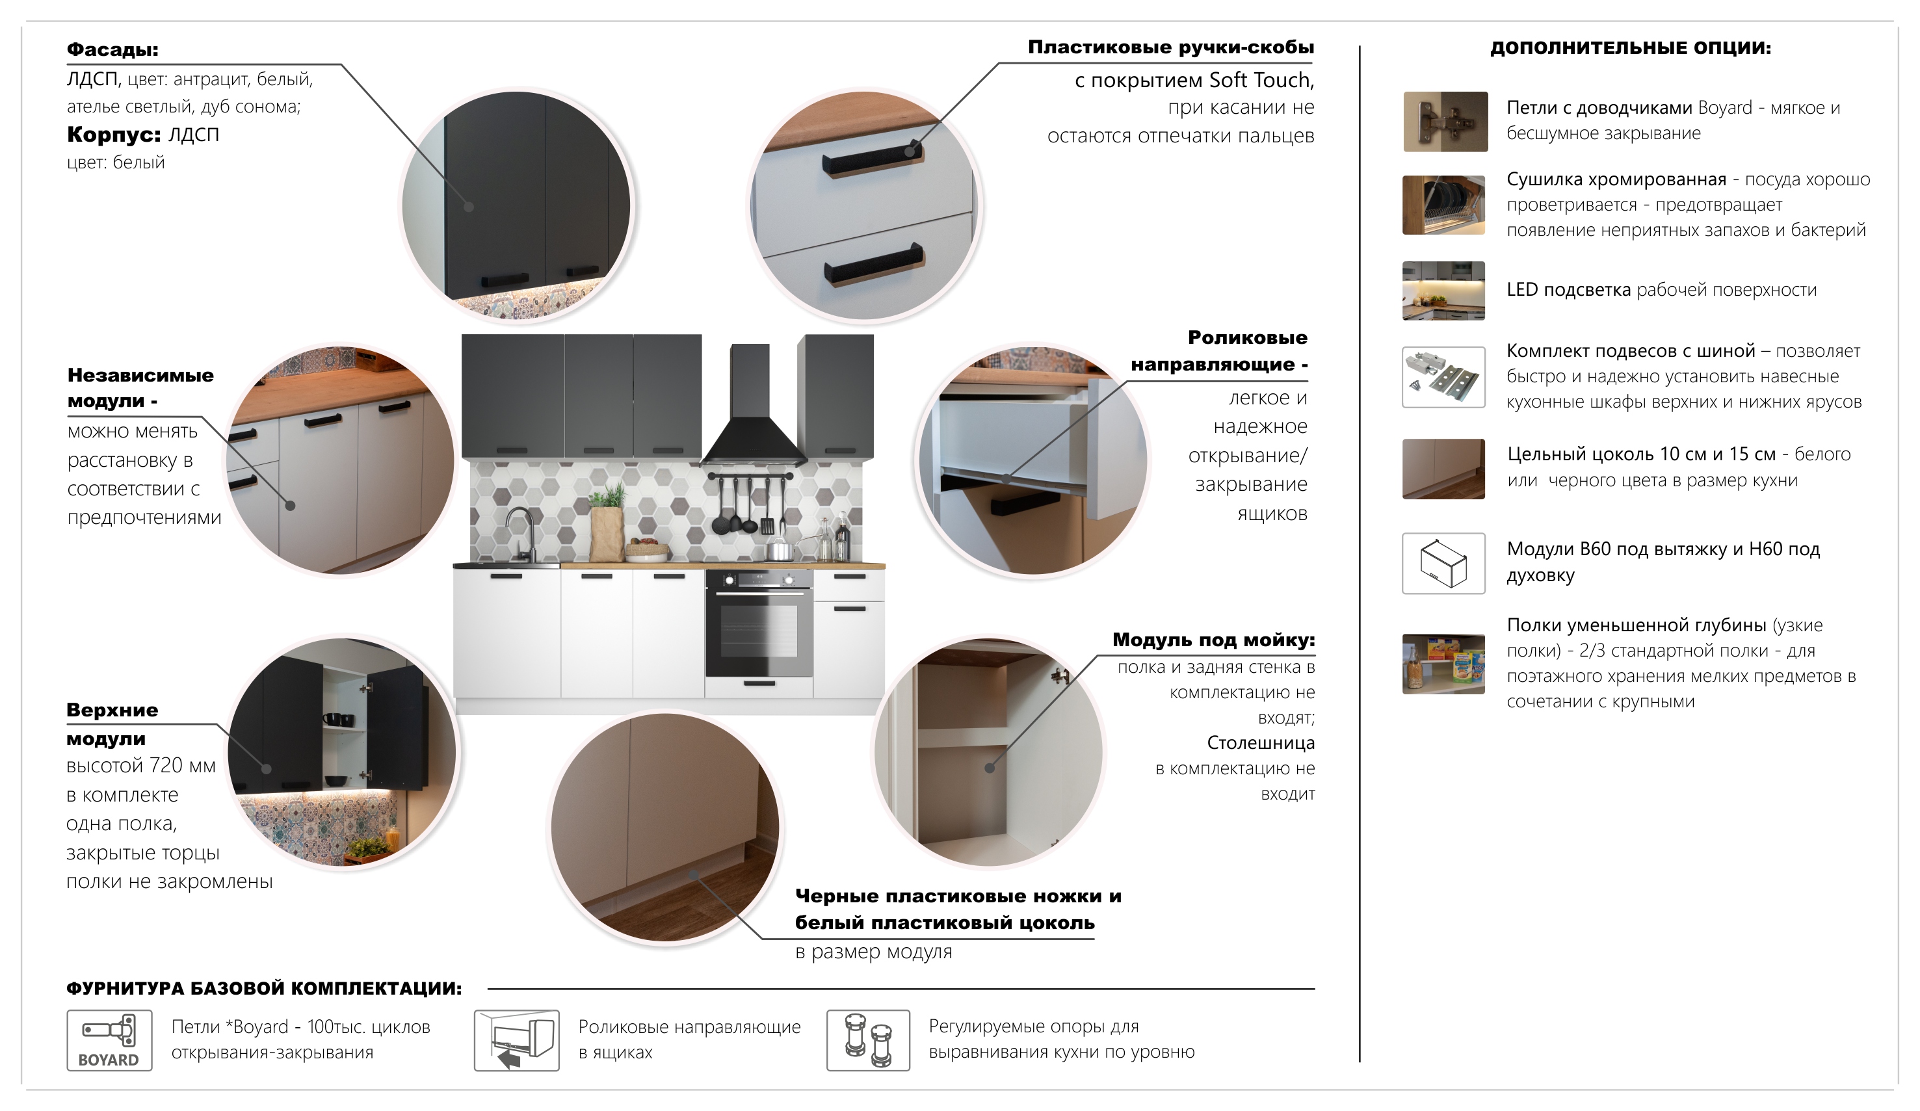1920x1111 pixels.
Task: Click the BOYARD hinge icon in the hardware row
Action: click(109, 1040)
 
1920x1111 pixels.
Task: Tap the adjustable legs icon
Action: click(869, 1040)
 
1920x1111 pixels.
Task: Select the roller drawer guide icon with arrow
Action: click(516, 1040)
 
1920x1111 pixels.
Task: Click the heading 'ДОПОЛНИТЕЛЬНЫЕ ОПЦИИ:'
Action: click(1631, 47)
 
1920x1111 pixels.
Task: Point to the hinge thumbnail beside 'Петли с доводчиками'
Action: click(1445, 122)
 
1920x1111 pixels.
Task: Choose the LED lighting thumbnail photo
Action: click(1444, 291)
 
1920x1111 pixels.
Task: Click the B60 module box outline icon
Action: click(1444, 563)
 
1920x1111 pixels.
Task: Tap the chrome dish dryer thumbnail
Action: click(1444, 205)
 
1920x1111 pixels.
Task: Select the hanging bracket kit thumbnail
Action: click(1444, 377)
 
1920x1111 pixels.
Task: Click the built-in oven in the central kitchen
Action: click(759, 623)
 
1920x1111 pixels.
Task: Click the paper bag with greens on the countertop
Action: click(608, 526)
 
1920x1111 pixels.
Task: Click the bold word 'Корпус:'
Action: click(114, 135)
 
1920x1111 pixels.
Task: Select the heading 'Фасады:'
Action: click(112, 49)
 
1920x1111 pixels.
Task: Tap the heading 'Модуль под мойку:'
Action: click(1214, 640)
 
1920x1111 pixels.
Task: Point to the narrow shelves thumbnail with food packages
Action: click(1444, 664)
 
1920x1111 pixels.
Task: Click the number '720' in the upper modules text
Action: click(167, 765)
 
